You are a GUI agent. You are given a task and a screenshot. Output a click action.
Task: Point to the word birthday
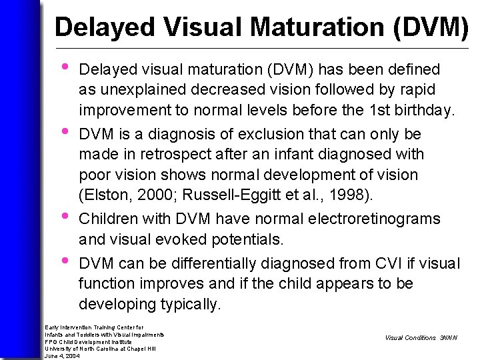point(425,110)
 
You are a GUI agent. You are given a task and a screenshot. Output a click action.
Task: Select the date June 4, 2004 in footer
point(62,356)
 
